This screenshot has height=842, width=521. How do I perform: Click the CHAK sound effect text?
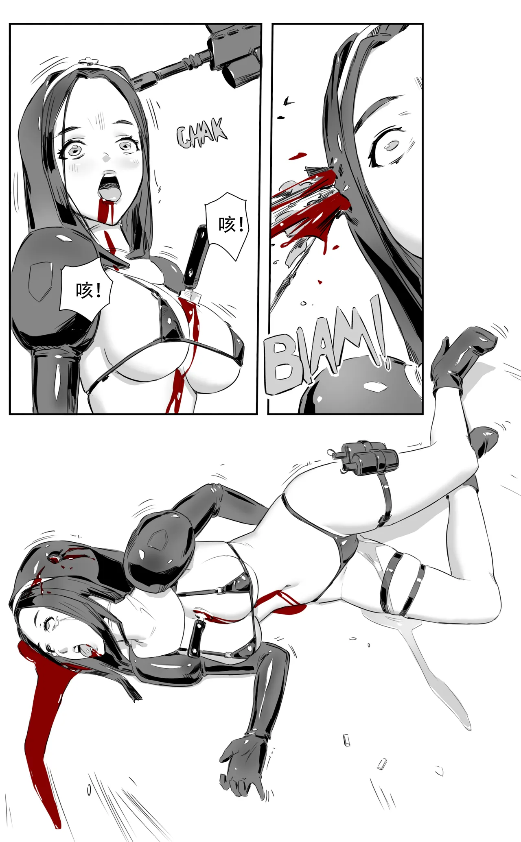click(202, 133)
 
